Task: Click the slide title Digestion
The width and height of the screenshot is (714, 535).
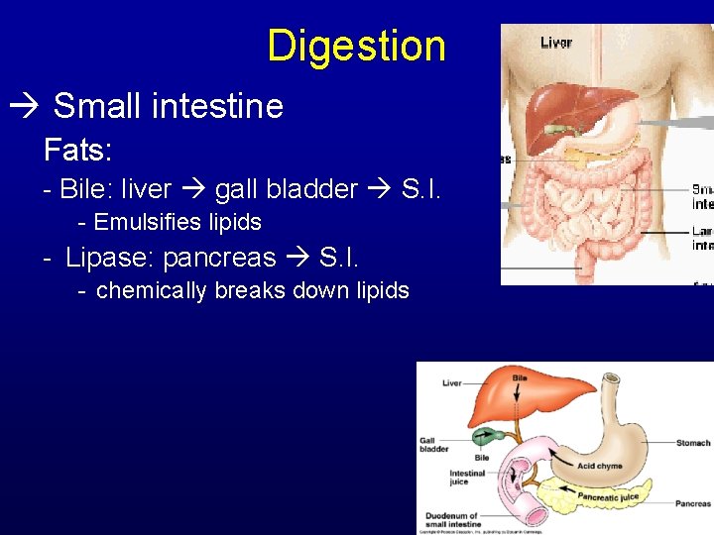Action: pyautogui.click(x=356, y=46)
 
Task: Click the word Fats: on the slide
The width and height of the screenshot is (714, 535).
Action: pyautogui.click(x=77, y=151)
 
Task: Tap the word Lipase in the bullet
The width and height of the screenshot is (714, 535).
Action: pyautogui.click(x=108, y=258)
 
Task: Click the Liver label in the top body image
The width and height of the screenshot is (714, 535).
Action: pyautogui.click(x=555, y=43)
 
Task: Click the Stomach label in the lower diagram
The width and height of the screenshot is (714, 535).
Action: pyautogui.click(x=693, y=443)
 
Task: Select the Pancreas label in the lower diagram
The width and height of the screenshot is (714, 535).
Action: pyautogui.click(x=692, y=504)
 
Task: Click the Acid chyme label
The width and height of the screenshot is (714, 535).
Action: pyautogui.click(x=600, y=466)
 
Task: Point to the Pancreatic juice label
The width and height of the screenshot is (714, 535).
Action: pyautogui.click(x=609, y=495)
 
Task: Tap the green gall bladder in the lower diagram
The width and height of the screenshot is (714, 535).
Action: pyautogui.click(x=489, y=436)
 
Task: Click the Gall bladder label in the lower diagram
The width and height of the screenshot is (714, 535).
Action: pyautogui.click(x=433, y=444)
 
